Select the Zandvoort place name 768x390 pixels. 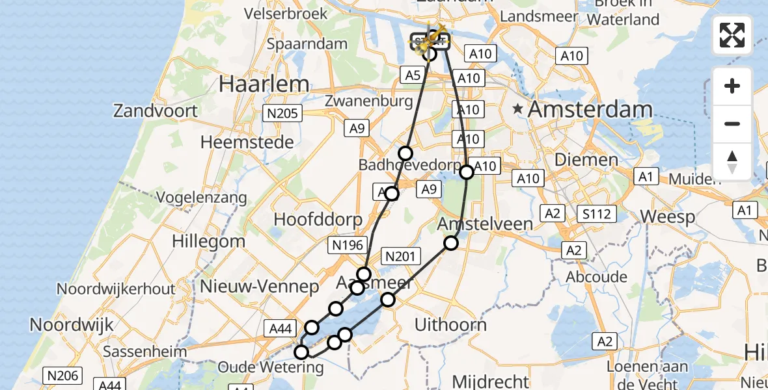coord(155,110)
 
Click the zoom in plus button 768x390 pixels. coord(732,86)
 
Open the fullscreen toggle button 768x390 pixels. coord(732,35)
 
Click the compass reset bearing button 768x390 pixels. coord(732,162)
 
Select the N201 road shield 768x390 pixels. coord(400,257)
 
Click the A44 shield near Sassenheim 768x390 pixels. coord(280,330)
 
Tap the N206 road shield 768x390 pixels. coord(62,375)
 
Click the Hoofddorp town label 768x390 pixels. coord(318,219)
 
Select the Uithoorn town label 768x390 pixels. coord(449,324)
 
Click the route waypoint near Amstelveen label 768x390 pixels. coord(451,243)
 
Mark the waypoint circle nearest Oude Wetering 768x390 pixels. coord(301,352)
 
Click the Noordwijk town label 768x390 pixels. coord(72,324)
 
